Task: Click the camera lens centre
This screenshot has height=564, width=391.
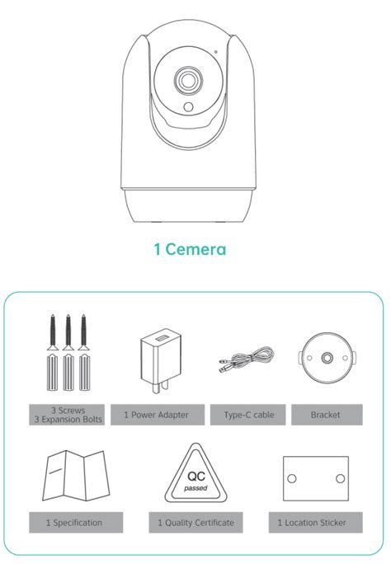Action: (x=188, y=81)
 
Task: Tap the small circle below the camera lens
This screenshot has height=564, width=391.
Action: (x=188, y=107)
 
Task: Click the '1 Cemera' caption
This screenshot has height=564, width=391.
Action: (x=190, y=249)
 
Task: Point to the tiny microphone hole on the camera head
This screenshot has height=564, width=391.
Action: (x=215, y=52)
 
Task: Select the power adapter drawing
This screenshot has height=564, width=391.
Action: (x=160, y=360)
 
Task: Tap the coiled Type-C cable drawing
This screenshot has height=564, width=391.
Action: (x=247, y=359)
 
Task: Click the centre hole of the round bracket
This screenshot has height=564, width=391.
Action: (x=327, y=358)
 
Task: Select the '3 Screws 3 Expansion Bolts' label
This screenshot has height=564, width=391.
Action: (x=67, y=415)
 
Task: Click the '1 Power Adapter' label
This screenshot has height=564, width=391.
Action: (x=158, y=415)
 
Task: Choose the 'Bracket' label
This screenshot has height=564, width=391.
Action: (x=327, y=415)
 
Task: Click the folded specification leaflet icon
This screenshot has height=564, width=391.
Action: (x=76, y=476)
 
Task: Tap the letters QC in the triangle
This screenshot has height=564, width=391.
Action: (x=196, y=477)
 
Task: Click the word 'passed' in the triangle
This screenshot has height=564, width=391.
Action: (x=195, y=488)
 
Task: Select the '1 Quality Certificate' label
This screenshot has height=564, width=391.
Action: (x=195, y=522)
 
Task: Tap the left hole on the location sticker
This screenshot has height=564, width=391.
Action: (x=292, y=478)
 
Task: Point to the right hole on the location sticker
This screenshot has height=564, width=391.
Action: (x=340, y=478)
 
